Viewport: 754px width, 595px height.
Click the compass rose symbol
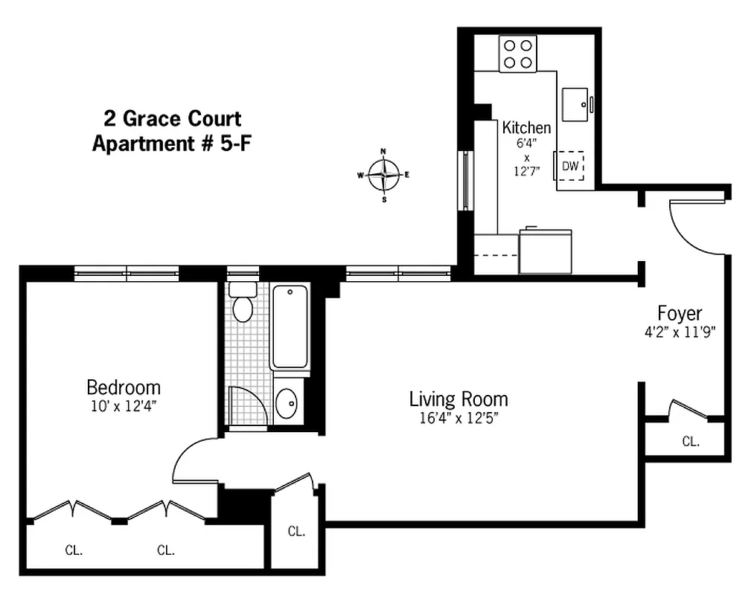[384, 175]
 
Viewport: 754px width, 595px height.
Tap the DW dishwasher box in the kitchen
[570, 167]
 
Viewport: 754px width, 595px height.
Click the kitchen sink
[576, 104]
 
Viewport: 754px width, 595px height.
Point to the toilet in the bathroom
[242, 304]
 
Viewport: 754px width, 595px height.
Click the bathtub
[290, 327]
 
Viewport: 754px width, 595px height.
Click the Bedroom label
[124, 387]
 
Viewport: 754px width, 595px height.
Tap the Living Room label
[458, 399]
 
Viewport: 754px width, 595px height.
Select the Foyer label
[679, 313]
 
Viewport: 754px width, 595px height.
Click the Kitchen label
[526, 127]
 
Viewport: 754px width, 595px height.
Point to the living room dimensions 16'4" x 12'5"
[458, 417]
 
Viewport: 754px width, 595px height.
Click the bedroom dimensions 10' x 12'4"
[124, 405]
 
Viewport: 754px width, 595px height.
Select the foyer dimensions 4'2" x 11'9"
[679, 332]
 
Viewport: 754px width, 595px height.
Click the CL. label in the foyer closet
[691, 441]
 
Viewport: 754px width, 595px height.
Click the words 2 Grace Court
[172, 118]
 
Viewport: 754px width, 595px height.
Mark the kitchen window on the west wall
[465, 181]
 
